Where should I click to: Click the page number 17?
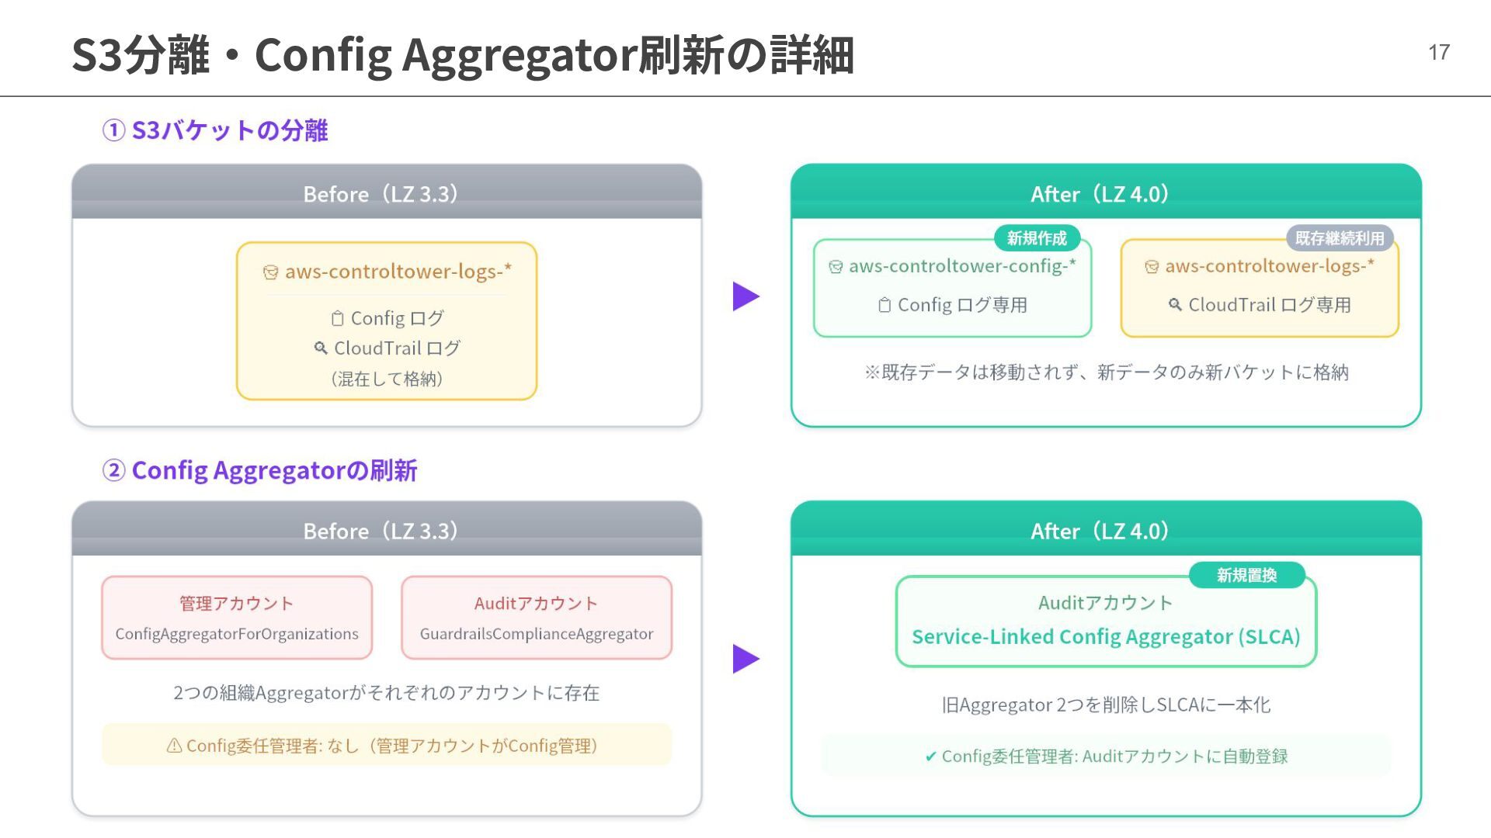(x=1438, y=52)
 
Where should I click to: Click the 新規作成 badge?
(x=1037, y=238)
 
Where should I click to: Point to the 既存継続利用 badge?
(x=1340, y=238)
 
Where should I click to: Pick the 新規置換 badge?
(x=1246, y=575)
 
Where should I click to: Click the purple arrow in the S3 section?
(x=745, y=296)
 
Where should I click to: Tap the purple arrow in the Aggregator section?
(x=745, y=659)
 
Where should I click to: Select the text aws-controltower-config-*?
(x=962, y=266)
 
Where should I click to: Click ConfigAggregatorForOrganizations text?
(x=237, y=634)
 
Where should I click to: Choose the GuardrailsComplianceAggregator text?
(x=537, y=634)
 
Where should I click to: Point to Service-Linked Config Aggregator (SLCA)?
(x=1106, y=637)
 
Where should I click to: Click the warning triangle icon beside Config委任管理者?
(x=175, y=746)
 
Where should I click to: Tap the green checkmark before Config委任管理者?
(x=930, y=757)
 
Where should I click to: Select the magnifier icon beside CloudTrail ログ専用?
(x=1175, y=305)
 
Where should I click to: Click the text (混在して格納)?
(x=387, y=379)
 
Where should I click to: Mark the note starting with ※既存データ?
(x=1106, y=372)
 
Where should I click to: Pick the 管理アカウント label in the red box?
(x=237, y=604)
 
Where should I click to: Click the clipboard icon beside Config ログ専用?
(x=885, y=305)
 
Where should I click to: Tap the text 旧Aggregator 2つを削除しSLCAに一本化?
(x=1106, y=705)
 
